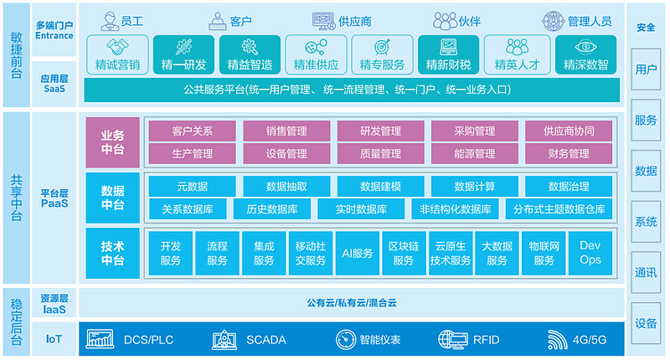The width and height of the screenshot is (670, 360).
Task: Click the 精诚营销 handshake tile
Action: point(117,54)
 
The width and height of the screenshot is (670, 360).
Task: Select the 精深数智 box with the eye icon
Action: point(585,54)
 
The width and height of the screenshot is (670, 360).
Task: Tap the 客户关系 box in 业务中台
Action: point(193,131)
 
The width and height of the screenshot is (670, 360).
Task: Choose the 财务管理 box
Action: point(569,153)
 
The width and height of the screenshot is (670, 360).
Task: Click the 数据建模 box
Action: point(381,186)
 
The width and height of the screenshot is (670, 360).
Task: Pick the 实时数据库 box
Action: point(361,208)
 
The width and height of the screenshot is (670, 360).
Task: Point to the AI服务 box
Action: point(358,253)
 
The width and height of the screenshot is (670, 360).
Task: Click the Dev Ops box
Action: point(590,253)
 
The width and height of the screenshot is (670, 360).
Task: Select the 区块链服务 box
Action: point(404,253)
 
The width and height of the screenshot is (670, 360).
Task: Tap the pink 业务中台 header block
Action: point(113,142)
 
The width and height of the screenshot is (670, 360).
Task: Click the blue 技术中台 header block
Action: point(113,253)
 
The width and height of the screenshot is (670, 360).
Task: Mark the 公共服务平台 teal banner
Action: point(352,90)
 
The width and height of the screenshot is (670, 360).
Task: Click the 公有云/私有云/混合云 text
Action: point(352,303)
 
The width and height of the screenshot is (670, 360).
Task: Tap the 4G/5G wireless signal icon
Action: point(557,340)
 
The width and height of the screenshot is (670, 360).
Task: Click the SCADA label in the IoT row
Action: point(266,340)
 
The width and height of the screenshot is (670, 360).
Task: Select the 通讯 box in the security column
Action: point(646,272)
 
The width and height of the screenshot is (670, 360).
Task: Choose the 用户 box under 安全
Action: point(646,69)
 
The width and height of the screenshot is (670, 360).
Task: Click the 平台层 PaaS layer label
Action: point(54,198)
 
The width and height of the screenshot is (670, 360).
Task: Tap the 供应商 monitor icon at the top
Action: point(324,22)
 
